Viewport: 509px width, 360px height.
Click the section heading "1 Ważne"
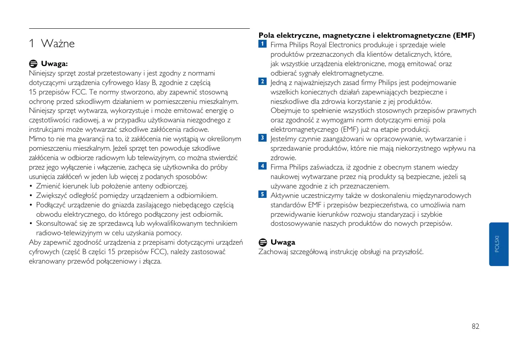(52, 44)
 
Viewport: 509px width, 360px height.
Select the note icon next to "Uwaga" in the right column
(262, 242)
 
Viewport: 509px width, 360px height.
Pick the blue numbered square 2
(262, 82)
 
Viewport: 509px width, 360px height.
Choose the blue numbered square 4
(262, 166)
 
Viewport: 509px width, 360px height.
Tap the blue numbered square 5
(262, 194)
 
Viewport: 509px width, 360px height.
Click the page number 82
(475, 327)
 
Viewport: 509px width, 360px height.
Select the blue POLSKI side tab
(498, 244)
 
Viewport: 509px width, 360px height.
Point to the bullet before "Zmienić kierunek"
(31, 186)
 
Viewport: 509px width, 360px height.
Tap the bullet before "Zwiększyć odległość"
(31, 196)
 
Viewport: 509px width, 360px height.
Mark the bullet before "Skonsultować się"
(31, 224)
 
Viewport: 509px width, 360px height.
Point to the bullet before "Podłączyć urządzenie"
(31, 205)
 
